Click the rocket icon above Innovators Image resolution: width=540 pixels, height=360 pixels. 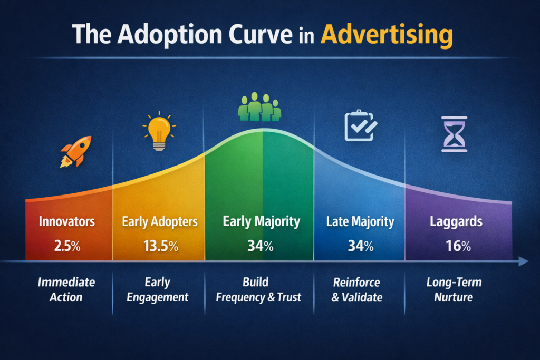click(x=76, y=152)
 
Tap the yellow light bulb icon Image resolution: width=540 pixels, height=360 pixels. click(x=159, y=131)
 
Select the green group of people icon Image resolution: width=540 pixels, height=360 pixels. click(x=259, y=106)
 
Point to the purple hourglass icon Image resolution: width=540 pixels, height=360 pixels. click(x=454, y=134)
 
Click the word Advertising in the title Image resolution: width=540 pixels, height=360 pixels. click(x=387, y=35)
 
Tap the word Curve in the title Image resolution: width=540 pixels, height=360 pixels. click(x=261, y=34)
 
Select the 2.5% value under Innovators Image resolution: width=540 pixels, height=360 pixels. click(x=67, y=246)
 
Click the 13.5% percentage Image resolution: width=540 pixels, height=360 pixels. click(x=161, y=246)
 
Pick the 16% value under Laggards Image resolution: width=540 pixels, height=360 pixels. click(x=458, y=246)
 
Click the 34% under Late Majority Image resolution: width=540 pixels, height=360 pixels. click(x=361, y=246)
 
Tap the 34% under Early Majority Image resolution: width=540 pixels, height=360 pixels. click(x=261, y=246)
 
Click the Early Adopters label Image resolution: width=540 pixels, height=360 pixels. click(x=160, y=222)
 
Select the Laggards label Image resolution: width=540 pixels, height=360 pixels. click(x=456, y=222)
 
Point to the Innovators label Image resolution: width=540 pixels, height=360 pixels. click(x=67, y=221)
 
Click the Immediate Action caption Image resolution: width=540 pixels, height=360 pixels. click(x=66, y=289)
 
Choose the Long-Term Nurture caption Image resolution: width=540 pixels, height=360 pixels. click(x=454, y=289)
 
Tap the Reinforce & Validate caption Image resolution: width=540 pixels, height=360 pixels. click(x=357, y=289)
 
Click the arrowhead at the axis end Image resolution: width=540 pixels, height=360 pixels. click(x=524, y=261)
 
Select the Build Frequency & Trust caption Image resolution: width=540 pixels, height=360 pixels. click(x=258, y=289)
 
